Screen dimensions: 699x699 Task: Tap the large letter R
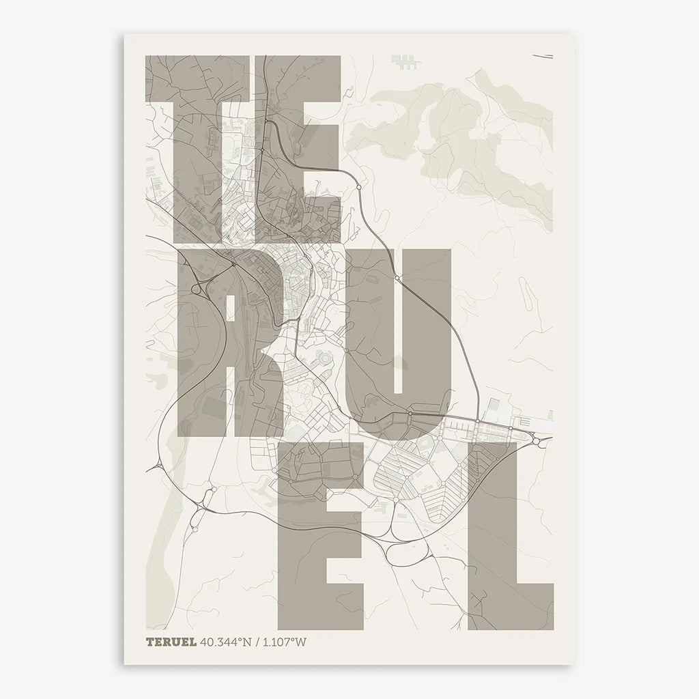[x=225, y=341]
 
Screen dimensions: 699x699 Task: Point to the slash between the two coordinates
[x=255, y=642]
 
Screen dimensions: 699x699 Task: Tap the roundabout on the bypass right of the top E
[x=358, y=186]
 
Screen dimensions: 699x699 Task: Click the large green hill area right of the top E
[x=464, y=130]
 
